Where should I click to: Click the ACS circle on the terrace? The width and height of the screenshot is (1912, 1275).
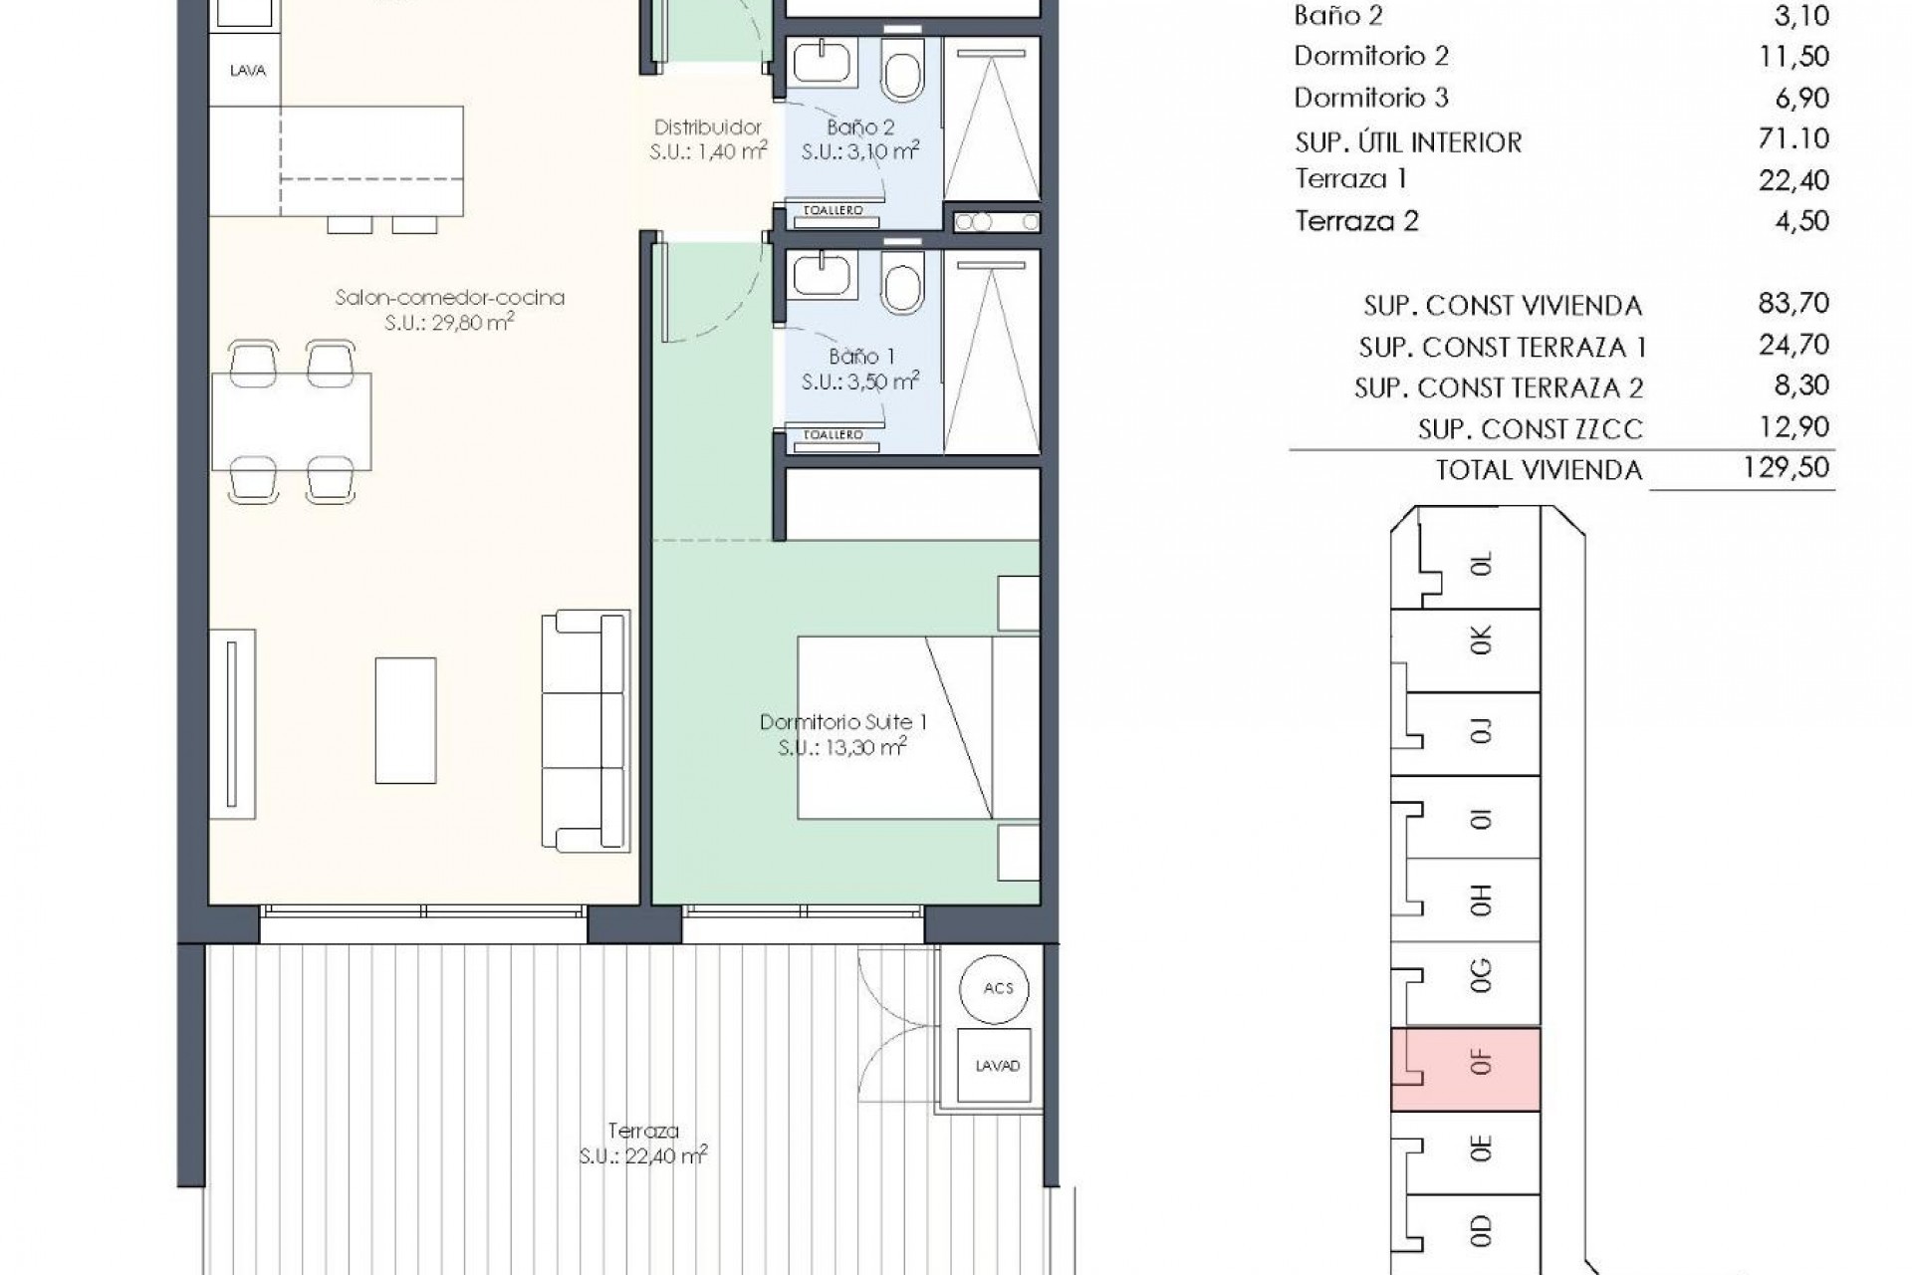(x=997, y=988)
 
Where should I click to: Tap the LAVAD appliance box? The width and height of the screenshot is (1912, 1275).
(x=997, y=1066)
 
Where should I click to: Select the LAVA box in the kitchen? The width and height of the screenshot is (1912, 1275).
(x=247, y=71)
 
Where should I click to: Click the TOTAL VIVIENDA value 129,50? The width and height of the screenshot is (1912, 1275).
(x=1786, y=468)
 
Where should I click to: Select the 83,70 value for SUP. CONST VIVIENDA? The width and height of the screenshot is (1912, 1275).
(x=1792, y=303)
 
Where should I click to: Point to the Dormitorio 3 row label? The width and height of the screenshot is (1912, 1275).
(x=1370, y=98)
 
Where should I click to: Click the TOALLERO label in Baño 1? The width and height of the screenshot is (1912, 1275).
(x=833, y=435)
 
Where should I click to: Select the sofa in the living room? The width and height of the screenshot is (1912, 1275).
(x=587, y=731)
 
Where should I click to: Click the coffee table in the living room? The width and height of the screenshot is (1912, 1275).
(x=405, y=720)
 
